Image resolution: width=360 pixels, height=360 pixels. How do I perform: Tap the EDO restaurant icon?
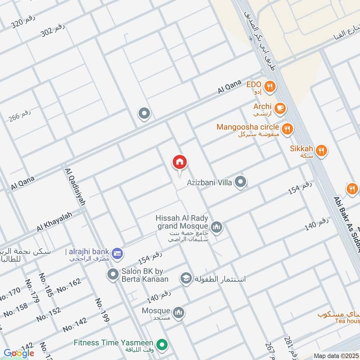pyautogui.click(x=270, y=87)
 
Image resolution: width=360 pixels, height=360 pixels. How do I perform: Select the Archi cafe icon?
pyautogui.click(x=280, y=108)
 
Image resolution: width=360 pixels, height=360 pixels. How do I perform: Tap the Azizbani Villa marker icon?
pyautogui.click(x=241, y=182)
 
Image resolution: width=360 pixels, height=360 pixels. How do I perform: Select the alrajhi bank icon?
pyautogui.click(x=117, y=253)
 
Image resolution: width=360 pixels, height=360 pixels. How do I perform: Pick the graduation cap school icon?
pyautogui.click(x=185, y=279)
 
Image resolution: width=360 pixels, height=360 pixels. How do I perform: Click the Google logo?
pyautogui.click(x=19, y=353)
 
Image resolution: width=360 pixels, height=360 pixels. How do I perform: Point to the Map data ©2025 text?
pyautogui.click(x=335, y=355)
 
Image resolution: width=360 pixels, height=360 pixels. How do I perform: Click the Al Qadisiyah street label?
pyautogui.click(x=75, y=187)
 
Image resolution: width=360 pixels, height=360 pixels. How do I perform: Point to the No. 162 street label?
pyautogui.click(x=69, y=285)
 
